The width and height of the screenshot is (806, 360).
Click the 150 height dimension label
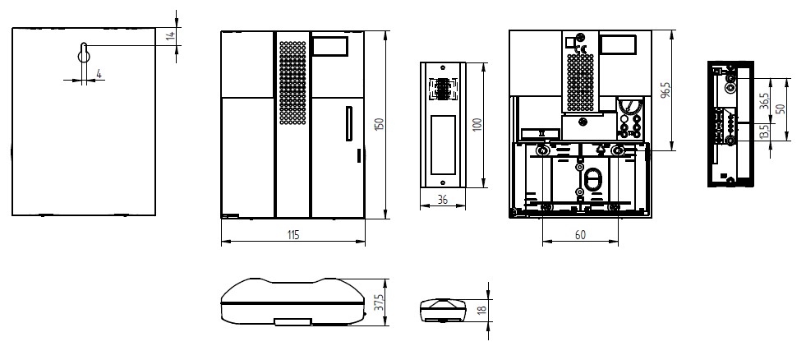coord(380,124)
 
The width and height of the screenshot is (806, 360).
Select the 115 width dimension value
coord(293,235)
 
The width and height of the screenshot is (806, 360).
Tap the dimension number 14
coord(171,35)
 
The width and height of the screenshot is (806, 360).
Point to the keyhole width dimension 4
coord(99,74)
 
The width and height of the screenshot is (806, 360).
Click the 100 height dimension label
coord(477,125)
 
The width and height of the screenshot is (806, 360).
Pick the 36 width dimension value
coord(443,200)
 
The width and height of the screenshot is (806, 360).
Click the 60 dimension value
coord(580,235)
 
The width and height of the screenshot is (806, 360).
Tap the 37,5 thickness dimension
coord(380,302)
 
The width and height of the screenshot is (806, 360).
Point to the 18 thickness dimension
coord(481,310)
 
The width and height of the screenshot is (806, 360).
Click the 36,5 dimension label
coord(765,101)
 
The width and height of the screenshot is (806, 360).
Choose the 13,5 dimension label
coord(764,132)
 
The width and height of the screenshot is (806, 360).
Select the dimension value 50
coord(781,109)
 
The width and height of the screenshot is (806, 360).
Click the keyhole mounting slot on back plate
coord(84,53)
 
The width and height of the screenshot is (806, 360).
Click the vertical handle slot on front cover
coord(349,123)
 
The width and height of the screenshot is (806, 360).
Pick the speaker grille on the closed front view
coord(292,82)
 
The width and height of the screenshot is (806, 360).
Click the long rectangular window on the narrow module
coord(443,145)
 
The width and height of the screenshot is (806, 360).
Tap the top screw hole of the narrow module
coord(443,67)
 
